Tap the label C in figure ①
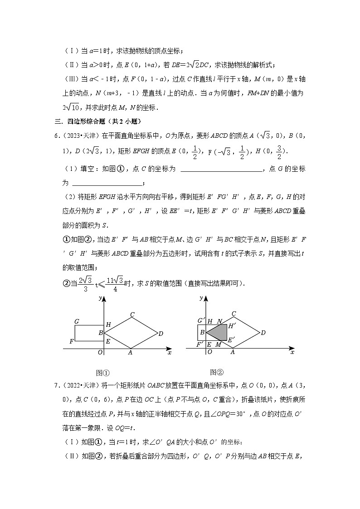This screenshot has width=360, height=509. [132, 315]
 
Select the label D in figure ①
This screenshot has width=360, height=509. [161, 334]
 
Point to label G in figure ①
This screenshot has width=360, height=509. [77, 321]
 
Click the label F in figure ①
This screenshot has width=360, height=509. [71, 341]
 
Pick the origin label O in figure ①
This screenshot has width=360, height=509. [100, 353]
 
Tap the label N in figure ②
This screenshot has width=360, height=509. [219, 321]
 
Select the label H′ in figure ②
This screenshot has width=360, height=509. [232, 325]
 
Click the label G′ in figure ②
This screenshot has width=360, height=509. [200, 321]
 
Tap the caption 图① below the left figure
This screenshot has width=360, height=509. [103, 373]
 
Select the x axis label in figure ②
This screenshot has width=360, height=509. [292, 352]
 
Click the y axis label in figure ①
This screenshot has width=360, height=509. [100, 298]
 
